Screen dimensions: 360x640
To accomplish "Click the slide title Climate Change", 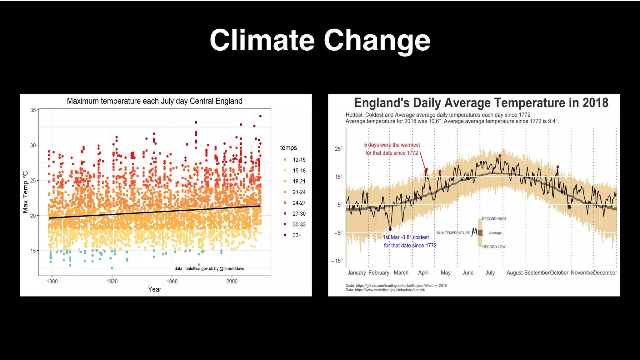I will pyautogui.click(x=320, y=40).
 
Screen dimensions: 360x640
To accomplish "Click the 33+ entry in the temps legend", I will pyautogui.click(x=297, y=235).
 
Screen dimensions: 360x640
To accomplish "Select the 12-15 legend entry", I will pyautogui.click(x=299, y=160).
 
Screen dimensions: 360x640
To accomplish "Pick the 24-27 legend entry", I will pyautogui.click(x=299, y=203).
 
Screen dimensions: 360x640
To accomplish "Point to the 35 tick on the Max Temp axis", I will pyautogui.click(x=33, y=110).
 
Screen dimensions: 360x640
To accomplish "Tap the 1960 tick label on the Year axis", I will pyautogui.click(x=172, y=281).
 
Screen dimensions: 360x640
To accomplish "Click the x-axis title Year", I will pyautogui.click(x=155, y=289).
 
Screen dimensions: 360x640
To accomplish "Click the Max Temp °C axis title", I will pyautogui.click(x=25, y=192).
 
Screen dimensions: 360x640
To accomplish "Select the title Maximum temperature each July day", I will pyautogui.click(x=155, y=101).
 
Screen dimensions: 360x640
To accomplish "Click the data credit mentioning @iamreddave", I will pyautogui.click(x=209, y=268).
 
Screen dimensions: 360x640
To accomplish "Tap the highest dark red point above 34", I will pyautogui.click(x=260, y=116).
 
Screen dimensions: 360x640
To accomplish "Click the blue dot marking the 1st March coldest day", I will pyautogui.click(x=390, y=229).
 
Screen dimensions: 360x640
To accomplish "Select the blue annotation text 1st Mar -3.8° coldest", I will pyautogui.click(x=406, y=237).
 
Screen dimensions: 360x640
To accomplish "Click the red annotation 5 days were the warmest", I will pyautogui.click(x=392, y=145).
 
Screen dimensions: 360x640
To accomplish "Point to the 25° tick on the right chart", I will pyautogui.click(x=338, y=149).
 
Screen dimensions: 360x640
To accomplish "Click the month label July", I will pyautogui.click(x=490, y=272).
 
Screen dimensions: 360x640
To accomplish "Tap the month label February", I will pyautogui.click(x=379, y=272).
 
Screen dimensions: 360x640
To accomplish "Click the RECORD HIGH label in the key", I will pyautogui.click(x=493, y=219).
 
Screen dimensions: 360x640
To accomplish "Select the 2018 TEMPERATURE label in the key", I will pyautogui.click(x=453, y=233).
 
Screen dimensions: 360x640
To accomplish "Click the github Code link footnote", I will pyautogui.click(x=396, y=286).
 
